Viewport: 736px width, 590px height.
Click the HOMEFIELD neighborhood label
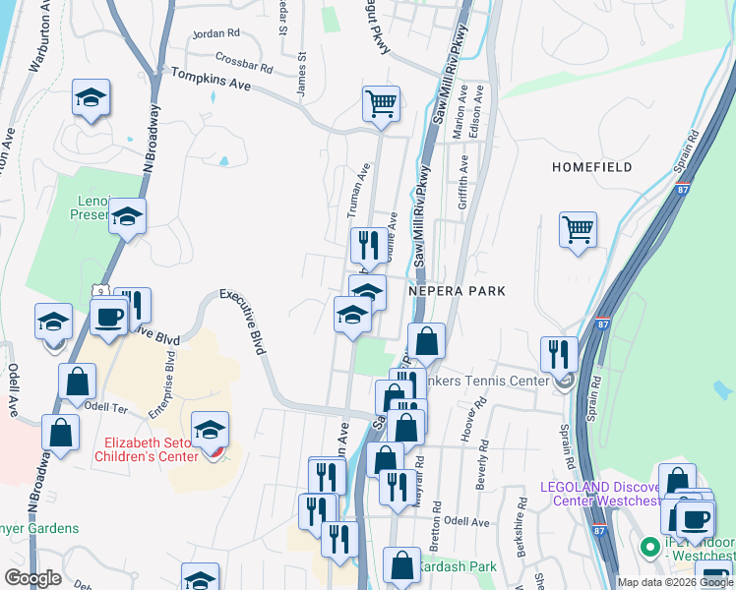[591, 167]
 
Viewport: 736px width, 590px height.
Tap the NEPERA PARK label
[459, 291]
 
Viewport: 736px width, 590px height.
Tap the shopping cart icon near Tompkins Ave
[381, 102]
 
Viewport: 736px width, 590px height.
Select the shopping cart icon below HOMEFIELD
[578, 229]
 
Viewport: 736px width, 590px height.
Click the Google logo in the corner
[32, 577]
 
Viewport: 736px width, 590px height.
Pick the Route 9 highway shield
[99, 292]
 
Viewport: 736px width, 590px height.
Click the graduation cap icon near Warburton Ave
[91, 97]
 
